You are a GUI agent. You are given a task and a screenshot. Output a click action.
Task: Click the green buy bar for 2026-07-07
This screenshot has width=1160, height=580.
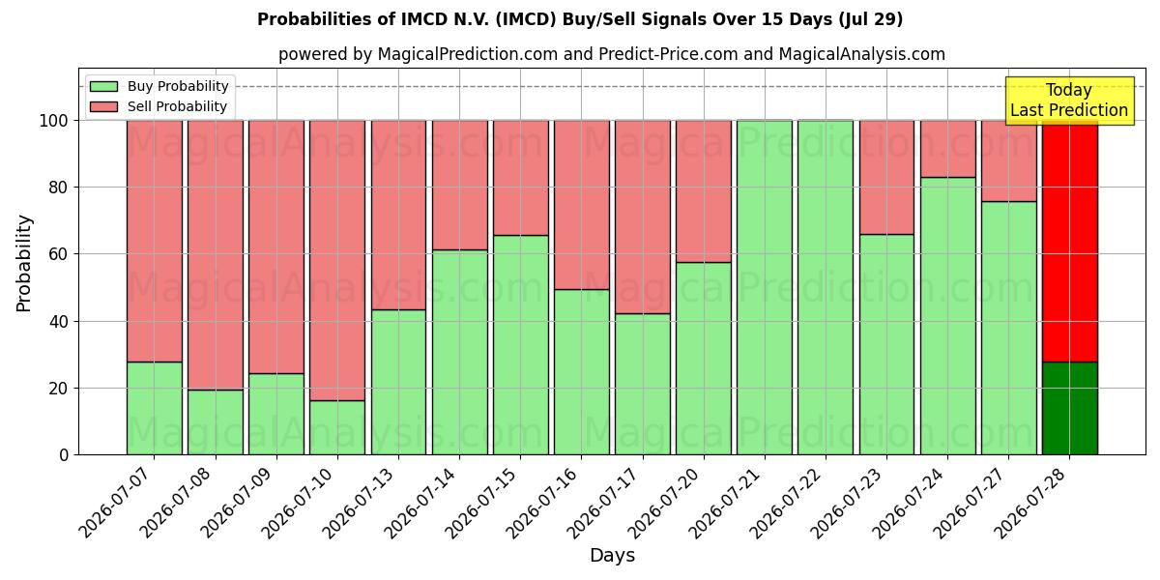pos(155,408)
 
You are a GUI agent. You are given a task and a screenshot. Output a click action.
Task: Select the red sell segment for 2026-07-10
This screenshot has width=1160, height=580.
pos(337,260)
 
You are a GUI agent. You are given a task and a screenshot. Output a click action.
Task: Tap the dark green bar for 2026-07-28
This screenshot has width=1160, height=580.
pos(1070,408)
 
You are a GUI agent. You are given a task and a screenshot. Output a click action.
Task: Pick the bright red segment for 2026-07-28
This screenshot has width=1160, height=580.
pos(1070,242)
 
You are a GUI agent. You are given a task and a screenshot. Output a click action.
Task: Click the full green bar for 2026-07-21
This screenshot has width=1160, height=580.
pos(765,287)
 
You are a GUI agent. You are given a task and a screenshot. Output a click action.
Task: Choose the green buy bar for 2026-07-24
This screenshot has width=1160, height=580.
pos(948,316)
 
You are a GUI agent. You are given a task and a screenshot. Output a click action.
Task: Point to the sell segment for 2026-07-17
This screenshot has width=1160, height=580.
pos(643,217)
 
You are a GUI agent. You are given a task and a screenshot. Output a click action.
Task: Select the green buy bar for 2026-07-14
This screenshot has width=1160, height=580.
pos(460,352)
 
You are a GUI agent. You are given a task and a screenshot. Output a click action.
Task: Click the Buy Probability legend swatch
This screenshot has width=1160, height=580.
pos(103,86)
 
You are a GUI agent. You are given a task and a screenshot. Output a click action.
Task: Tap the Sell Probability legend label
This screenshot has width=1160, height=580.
pos(177,106)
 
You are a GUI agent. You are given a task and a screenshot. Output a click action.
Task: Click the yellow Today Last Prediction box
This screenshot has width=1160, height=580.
pos(1070,101)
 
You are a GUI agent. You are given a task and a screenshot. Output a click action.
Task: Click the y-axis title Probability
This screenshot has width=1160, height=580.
pos(24,263)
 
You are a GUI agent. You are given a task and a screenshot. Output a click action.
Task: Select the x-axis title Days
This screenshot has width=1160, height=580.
pos(612,555)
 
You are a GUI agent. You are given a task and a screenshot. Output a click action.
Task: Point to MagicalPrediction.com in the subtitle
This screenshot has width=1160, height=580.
pos(468,54)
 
